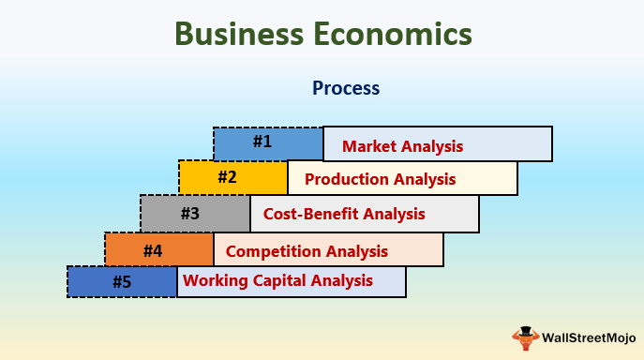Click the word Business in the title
click(238, 35)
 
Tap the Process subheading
click(346, 88)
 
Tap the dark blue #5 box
click(121, 281)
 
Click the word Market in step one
click(369, 146)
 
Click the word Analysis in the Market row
click(432, 146)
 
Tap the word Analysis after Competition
click(356, 251)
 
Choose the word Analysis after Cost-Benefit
click(393, 214)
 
